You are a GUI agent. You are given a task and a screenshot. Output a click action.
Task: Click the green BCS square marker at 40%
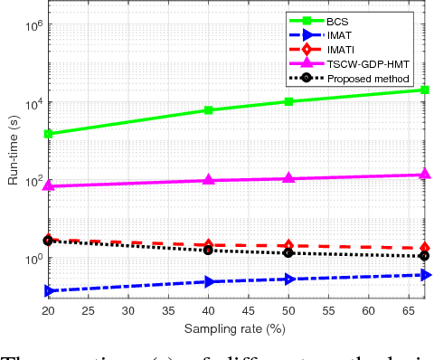pos(209,110)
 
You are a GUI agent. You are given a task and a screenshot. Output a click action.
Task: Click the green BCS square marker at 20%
pos(48,134)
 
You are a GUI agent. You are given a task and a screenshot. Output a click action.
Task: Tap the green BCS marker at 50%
pos(288,101)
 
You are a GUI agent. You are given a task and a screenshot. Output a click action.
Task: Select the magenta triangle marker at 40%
pos(209,180)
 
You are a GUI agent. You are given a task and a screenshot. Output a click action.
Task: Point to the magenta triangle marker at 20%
pos(48,185)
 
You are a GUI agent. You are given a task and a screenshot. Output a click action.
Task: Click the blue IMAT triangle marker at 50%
pos(288,279)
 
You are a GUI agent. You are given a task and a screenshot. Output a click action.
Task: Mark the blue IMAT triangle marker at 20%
pos(48,290)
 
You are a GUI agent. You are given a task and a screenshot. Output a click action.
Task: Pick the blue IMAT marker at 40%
pos(209,281)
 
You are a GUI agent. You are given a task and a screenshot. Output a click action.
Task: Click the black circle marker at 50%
pos(288,252)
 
